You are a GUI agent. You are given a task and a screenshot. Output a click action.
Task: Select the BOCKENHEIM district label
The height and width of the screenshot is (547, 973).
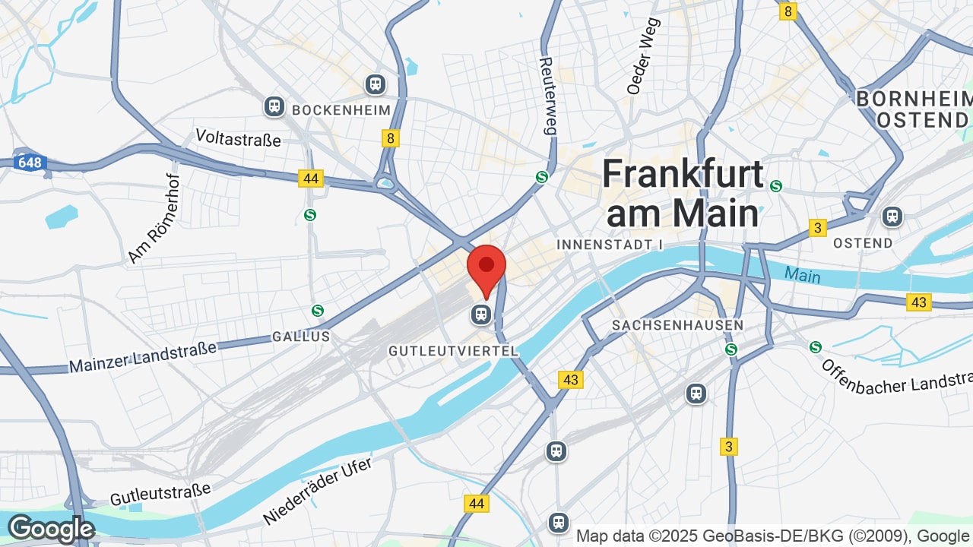341,110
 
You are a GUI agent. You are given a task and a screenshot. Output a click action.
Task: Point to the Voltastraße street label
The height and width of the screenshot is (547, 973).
238,138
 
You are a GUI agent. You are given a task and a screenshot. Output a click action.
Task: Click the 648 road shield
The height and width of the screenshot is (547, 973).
30,163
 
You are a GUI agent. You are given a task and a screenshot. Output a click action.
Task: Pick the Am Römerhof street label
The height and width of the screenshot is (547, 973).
154,218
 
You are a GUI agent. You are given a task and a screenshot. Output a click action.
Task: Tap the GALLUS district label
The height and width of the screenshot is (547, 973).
301,336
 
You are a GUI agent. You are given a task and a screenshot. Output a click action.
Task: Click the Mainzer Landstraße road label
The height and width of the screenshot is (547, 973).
143,356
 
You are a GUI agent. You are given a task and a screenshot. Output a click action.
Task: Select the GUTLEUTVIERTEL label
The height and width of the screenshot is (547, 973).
453,351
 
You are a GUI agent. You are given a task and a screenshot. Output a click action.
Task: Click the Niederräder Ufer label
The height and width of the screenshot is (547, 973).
318,492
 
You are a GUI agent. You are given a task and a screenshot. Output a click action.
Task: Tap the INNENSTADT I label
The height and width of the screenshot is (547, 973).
610,245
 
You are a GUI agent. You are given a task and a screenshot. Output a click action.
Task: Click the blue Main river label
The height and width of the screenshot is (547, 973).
803,274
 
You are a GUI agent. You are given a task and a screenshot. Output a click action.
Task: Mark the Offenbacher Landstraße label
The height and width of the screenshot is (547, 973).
897,377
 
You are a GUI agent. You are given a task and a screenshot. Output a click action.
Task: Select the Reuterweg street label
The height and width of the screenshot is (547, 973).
547,96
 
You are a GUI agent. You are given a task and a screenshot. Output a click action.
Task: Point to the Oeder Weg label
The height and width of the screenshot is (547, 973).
639,55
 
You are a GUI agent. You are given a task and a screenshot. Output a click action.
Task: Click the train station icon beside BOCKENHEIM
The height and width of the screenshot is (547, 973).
274,107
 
